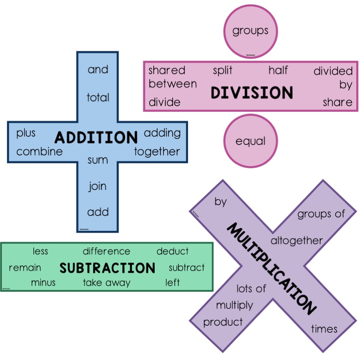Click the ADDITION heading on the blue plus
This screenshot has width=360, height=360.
[x=96, y=138]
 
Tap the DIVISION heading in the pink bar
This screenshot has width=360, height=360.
[x=252, y=93]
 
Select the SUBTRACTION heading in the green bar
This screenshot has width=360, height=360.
[x=107, y=268]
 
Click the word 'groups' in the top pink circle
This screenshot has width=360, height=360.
[x=250, y=31]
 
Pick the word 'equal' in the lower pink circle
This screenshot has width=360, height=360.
[x=251, y=141]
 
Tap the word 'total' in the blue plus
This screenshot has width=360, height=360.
[x=98, y=97]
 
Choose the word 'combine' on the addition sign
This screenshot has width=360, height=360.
[x=40, y=152]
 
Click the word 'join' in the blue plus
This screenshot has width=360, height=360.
[x=98, y=187]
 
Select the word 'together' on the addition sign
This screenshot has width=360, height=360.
[x=157, y=152]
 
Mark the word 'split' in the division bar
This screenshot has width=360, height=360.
[x=223, y=71]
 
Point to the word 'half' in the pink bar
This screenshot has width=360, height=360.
[x=278, y=70]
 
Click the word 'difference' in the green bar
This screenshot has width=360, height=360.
[x=107, y=251]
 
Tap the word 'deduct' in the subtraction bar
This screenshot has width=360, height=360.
[x=172, y=251]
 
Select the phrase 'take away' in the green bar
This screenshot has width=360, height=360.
[x=107, y=283]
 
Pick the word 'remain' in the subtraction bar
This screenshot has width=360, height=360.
[x=25, y=268]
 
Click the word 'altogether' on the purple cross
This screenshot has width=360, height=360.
[x=297, y=240]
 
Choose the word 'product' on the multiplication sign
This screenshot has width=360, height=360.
[x=223, y=322]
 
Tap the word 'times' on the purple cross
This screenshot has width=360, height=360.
[x=324, y=329]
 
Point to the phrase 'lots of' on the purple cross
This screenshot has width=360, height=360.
[x=251, y=289]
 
